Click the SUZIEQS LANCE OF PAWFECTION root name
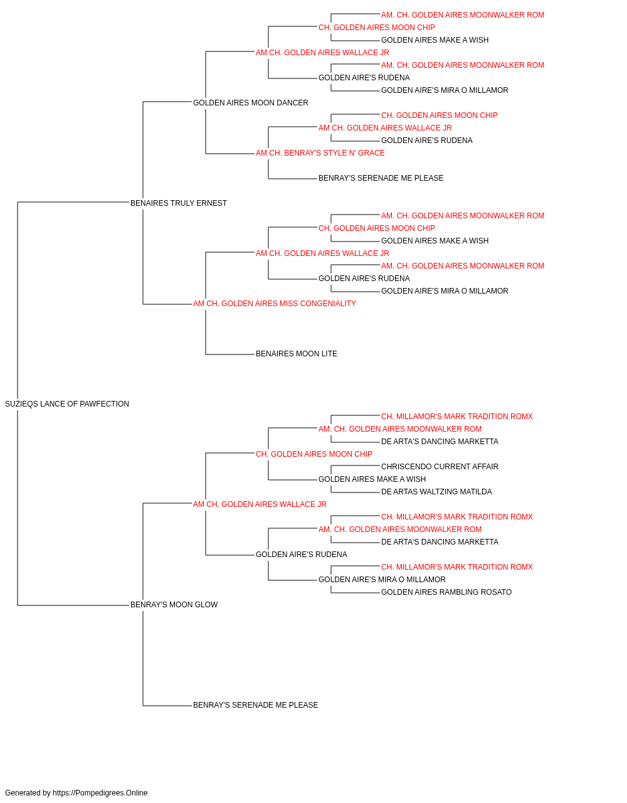[x=67, y=404]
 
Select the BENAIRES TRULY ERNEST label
[x=178, y=203]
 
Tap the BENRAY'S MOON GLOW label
[x=174, y=605]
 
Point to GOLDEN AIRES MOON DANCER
[x=250, y=103]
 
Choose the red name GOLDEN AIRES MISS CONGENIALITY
[x=275, y=304]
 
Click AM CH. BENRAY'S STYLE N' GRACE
[x=320, y=153]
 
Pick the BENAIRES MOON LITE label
[x=296, y=354]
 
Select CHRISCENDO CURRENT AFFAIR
[x=440, y=467]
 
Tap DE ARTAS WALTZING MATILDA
[x=436, y=492]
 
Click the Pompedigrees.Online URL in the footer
[x=100, y=793]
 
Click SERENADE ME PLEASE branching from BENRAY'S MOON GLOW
[x=255, y=705]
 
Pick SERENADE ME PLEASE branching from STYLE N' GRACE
[x=381, y=178]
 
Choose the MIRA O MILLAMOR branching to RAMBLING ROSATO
[x=382, y=580]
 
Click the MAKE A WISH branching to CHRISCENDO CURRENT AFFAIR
[x=372, y=479]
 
